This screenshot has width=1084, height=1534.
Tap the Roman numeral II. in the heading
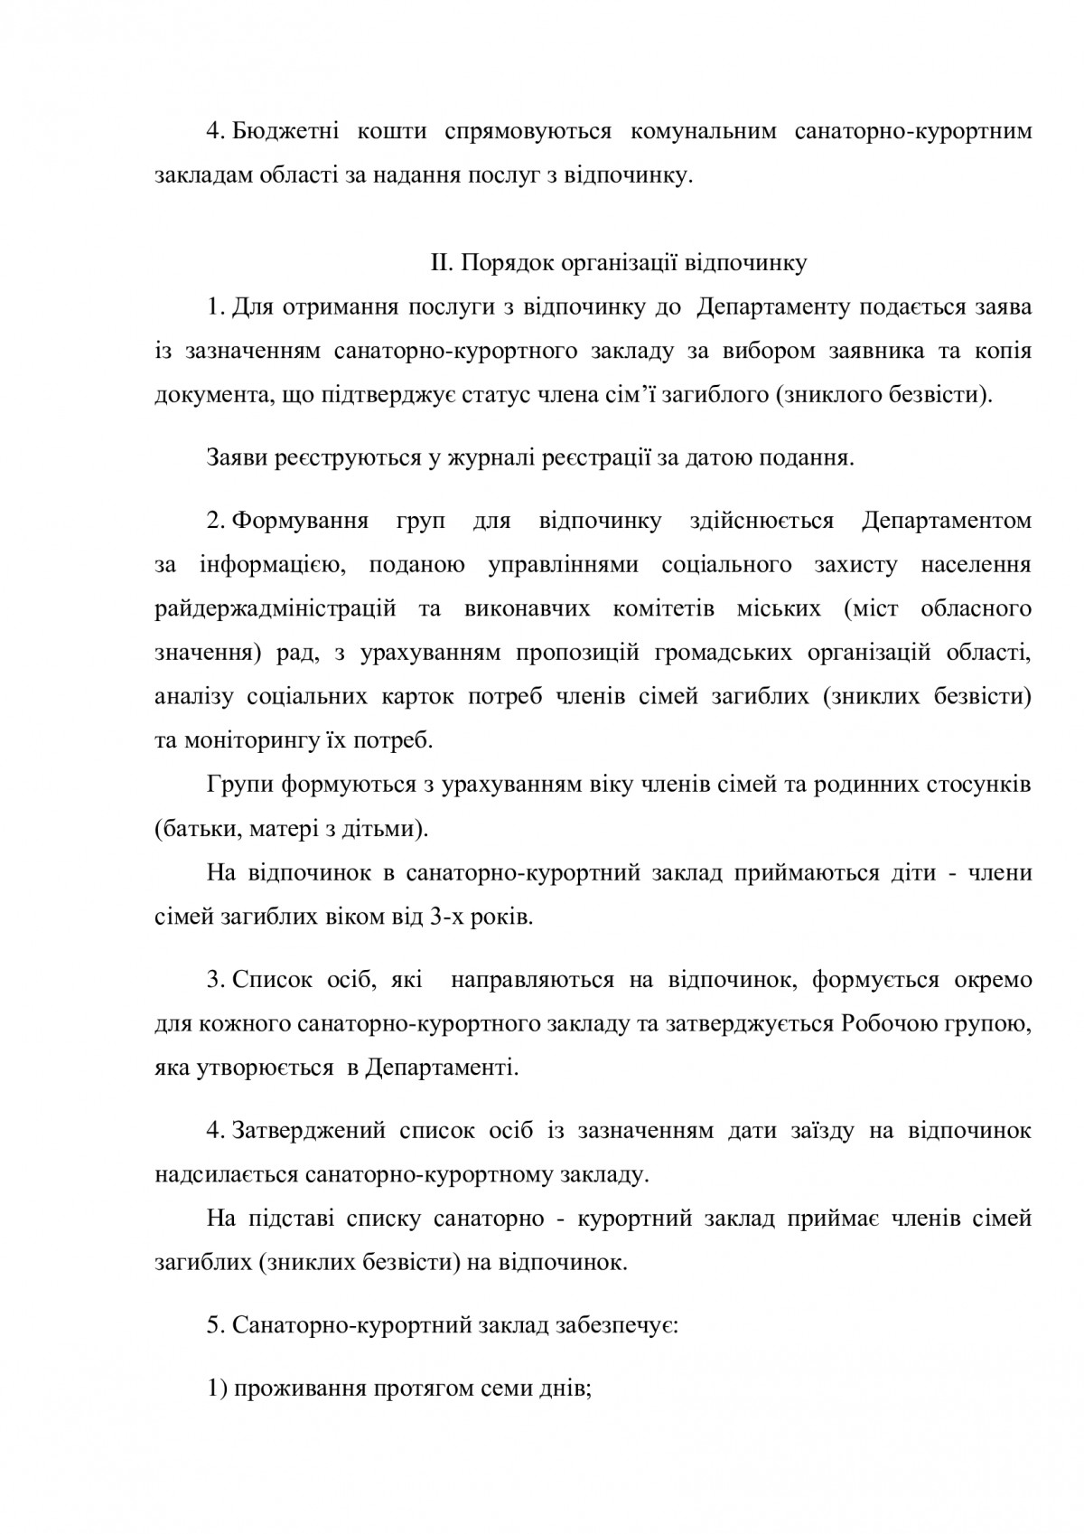440,264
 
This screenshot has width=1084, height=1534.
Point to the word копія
1002,351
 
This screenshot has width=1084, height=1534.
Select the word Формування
300,521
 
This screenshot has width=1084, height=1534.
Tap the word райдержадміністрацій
276,608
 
